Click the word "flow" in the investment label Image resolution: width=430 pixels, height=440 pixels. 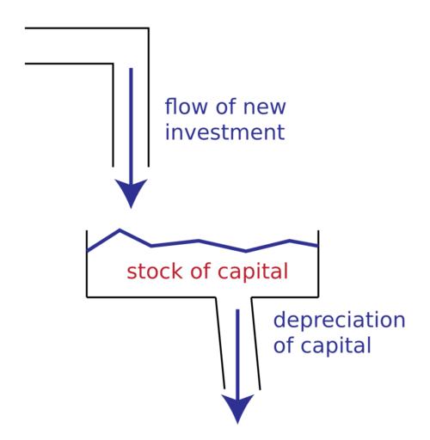pos(186,106)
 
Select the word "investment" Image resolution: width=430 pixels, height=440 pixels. pos(225,131)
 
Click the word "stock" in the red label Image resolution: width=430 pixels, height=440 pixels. pos(155,271)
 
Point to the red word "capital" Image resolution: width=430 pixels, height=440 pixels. pos(253,272)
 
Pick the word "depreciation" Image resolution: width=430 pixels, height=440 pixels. pos(340,321)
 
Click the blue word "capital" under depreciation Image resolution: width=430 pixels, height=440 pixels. pos(336,345)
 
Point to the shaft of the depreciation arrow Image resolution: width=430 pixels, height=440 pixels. pos(237,354)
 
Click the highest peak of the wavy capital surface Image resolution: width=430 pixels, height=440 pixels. pos(120,229)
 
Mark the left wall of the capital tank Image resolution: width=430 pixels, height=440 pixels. pos(87,264)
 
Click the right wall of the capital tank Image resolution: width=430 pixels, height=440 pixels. pos(318,264)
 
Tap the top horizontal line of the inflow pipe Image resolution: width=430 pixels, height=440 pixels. pos(87,28)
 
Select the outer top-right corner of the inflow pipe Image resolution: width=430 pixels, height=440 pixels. pos(149,28)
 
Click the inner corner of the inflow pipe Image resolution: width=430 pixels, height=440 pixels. pos(113,64)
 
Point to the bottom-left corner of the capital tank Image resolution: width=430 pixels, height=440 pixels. pos(87,297)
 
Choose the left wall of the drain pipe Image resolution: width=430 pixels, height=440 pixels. pos(220,343)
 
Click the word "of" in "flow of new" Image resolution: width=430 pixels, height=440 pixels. pos(225,106)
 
